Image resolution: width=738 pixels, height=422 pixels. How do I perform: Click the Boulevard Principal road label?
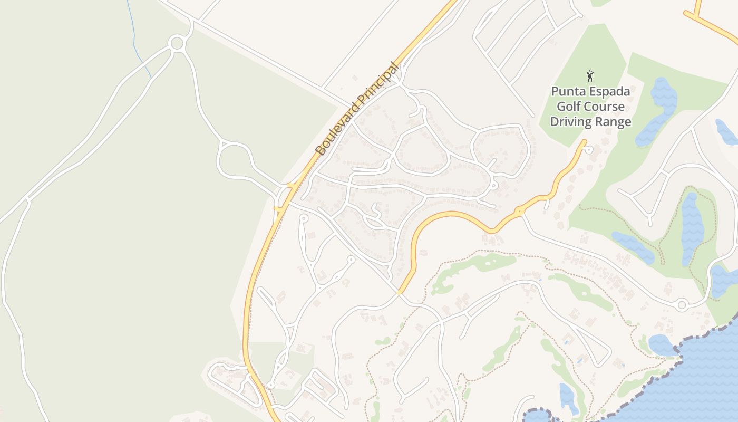pos(356,109)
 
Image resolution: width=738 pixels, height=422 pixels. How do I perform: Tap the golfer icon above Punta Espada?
pos(590,76)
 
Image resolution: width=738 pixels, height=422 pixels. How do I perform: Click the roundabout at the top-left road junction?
pos(177,43)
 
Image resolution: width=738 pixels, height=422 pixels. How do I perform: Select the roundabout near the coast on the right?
pos(682,304)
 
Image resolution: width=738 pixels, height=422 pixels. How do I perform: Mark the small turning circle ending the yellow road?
pos(589,150)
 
